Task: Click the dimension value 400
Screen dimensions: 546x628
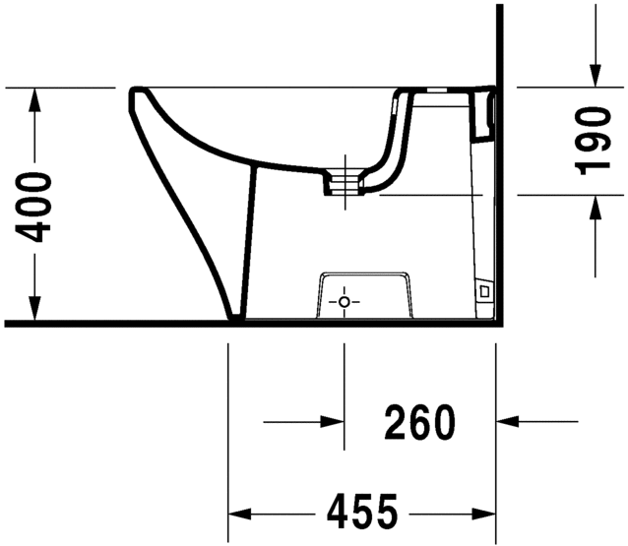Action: coord(35,207)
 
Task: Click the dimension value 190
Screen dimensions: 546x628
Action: coord(594,140)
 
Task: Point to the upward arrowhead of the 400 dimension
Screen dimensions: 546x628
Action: coord(36,99)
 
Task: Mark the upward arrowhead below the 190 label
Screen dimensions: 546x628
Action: coord(594,207)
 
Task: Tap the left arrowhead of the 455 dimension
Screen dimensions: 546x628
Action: coord(240,513)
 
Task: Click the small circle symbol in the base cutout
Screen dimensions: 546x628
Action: coord(344,301)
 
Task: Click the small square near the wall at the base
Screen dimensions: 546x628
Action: coord(482,291)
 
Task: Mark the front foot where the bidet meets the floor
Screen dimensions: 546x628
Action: coord(235,316)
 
